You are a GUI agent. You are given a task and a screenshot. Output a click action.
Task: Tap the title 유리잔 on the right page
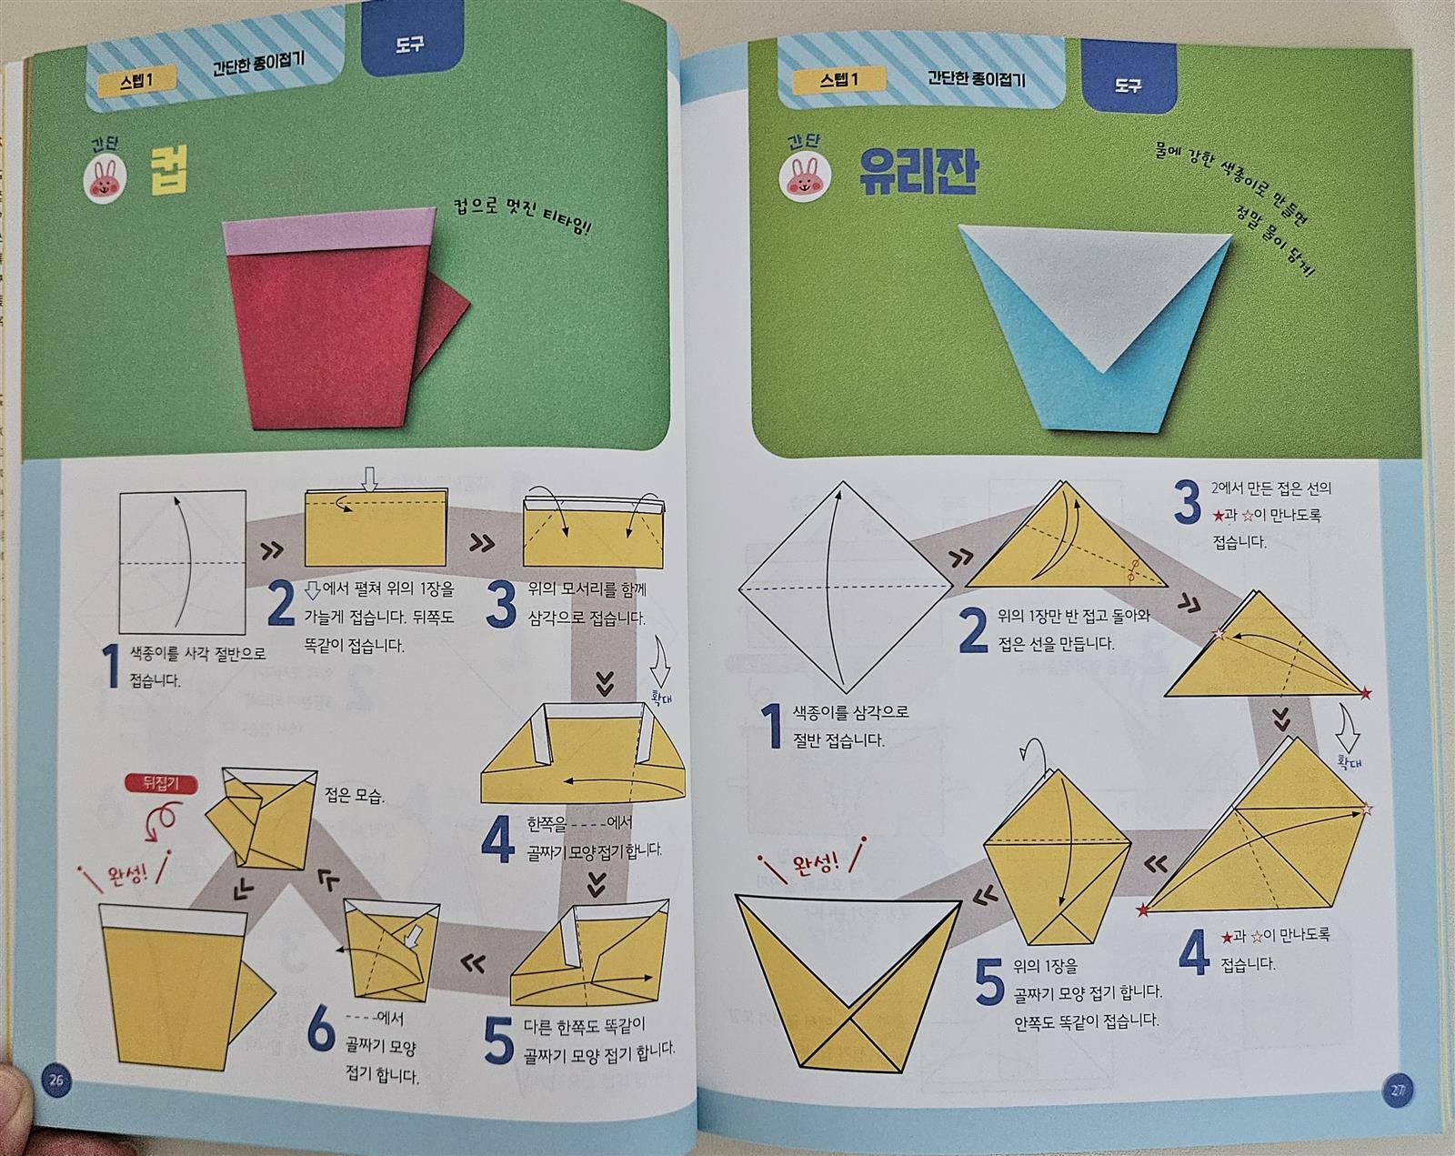click(918, 171)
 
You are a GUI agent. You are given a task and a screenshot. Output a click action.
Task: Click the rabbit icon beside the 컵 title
click(105, 178)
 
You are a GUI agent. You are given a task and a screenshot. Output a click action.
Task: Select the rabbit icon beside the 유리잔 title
click(805, 178)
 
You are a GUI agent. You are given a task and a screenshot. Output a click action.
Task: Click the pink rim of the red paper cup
click(329, 231)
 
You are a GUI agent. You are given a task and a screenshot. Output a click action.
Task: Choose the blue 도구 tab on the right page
click(1128, 81)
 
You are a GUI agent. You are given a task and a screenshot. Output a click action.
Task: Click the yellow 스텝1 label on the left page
click(136, 82)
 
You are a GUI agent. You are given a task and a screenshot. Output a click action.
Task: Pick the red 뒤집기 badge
click(161, 783)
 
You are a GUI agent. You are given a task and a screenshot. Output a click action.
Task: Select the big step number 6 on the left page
click(321, 1030)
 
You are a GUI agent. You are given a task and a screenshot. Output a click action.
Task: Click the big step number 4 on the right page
click(1194, 951)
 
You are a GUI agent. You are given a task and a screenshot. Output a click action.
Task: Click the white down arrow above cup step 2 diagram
click(369, 478)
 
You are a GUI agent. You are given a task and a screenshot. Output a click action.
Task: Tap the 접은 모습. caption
click(355, 795)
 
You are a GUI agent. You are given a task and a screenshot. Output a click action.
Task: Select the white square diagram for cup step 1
click(183, 561)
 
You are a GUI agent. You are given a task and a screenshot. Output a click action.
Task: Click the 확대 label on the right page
click(1349, 762)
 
